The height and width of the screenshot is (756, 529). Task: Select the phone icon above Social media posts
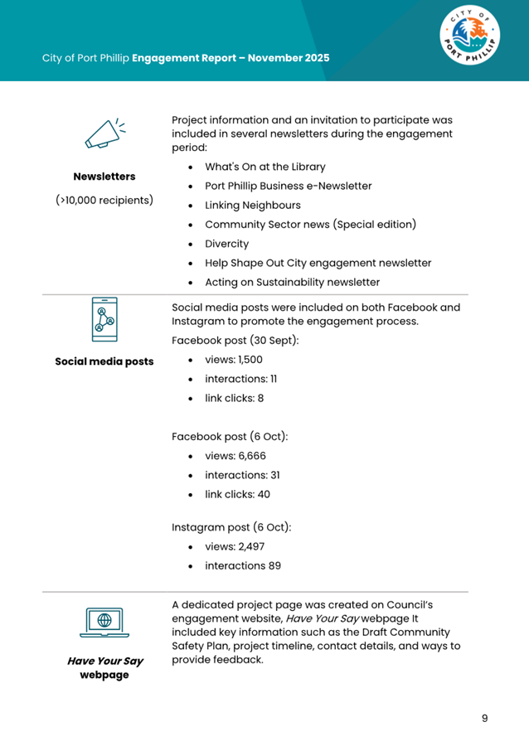[104, 319]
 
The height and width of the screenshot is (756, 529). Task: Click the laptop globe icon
[104, 623]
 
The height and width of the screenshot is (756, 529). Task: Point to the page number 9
[485, 718]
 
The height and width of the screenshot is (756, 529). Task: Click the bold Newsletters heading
[104, 177]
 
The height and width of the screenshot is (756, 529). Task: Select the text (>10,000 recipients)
[104, 200]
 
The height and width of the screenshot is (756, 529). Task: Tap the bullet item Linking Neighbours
[253, 206]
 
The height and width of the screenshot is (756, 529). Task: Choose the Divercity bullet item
[226, 245]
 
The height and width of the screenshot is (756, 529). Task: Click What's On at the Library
[265, 167]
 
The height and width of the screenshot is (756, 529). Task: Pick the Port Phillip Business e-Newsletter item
[289, 186]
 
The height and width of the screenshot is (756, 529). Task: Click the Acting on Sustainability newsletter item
[293, 283]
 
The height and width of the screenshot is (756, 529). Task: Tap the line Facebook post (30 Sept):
[235, 341]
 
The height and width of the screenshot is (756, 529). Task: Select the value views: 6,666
[235, 456]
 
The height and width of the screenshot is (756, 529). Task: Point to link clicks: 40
[237, 494]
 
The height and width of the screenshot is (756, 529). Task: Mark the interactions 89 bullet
[243, 566]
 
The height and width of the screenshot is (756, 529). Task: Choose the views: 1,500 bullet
[234, 360]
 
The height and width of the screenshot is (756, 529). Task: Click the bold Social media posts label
[104, 361]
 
